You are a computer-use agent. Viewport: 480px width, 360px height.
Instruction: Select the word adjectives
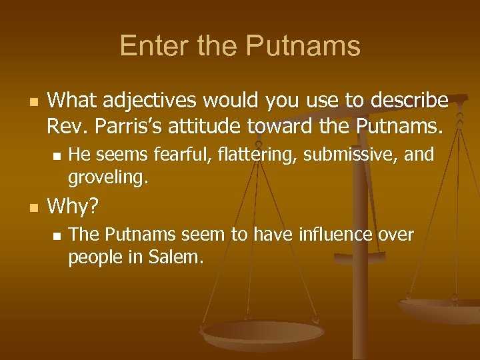150,101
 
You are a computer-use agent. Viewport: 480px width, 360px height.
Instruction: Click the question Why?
73,207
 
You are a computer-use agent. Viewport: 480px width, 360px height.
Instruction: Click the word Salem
173,258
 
